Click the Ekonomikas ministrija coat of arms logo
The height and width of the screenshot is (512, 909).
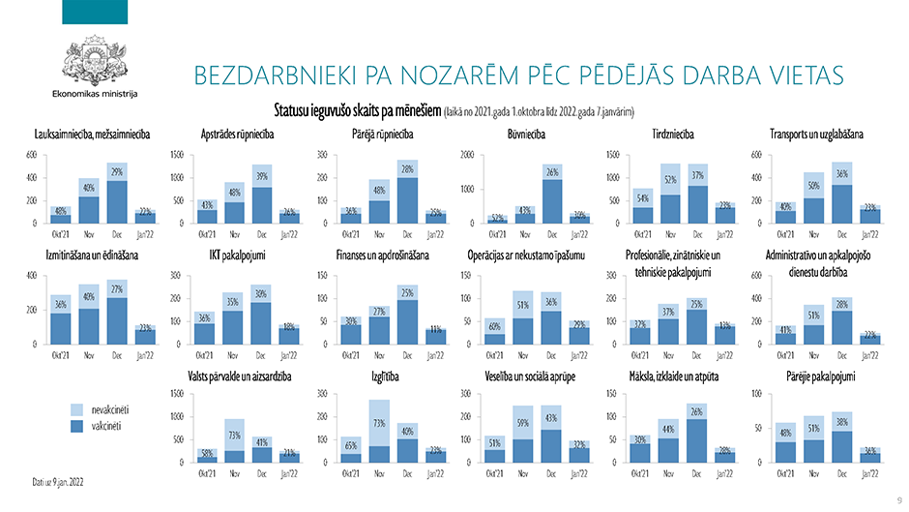[x=93, y=59]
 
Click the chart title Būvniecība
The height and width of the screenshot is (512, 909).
[x=527, y=135]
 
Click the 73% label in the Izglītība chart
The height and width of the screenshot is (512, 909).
[x=379, y=423]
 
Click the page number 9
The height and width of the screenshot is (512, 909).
[x=898, y=499]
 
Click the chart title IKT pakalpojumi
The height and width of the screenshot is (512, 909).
[x=237, y=255]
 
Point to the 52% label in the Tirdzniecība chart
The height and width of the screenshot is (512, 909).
[x=668, y=179]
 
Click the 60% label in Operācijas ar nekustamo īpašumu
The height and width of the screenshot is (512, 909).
[x=494, y=325]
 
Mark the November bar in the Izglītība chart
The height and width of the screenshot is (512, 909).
[x=379, y=432]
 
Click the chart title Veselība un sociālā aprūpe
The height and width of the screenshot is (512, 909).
[x=526, y=375]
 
